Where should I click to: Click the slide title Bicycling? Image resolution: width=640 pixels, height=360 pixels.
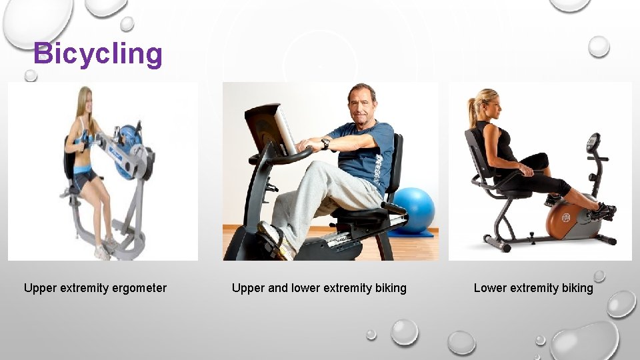[97, 54]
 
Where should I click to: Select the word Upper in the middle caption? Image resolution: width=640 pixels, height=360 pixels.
[247, 288]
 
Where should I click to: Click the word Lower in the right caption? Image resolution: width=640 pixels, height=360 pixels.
[489, 288]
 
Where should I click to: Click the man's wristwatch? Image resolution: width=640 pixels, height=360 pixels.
[325, 143]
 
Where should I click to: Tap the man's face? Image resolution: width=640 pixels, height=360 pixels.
[363, 103]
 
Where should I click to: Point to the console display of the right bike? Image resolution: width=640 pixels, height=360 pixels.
[592, 142]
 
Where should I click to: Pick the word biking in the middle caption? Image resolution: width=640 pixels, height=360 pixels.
[390, 288]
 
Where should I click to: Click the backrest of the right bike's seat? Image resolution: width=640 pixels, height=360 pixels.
[475, 152]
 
